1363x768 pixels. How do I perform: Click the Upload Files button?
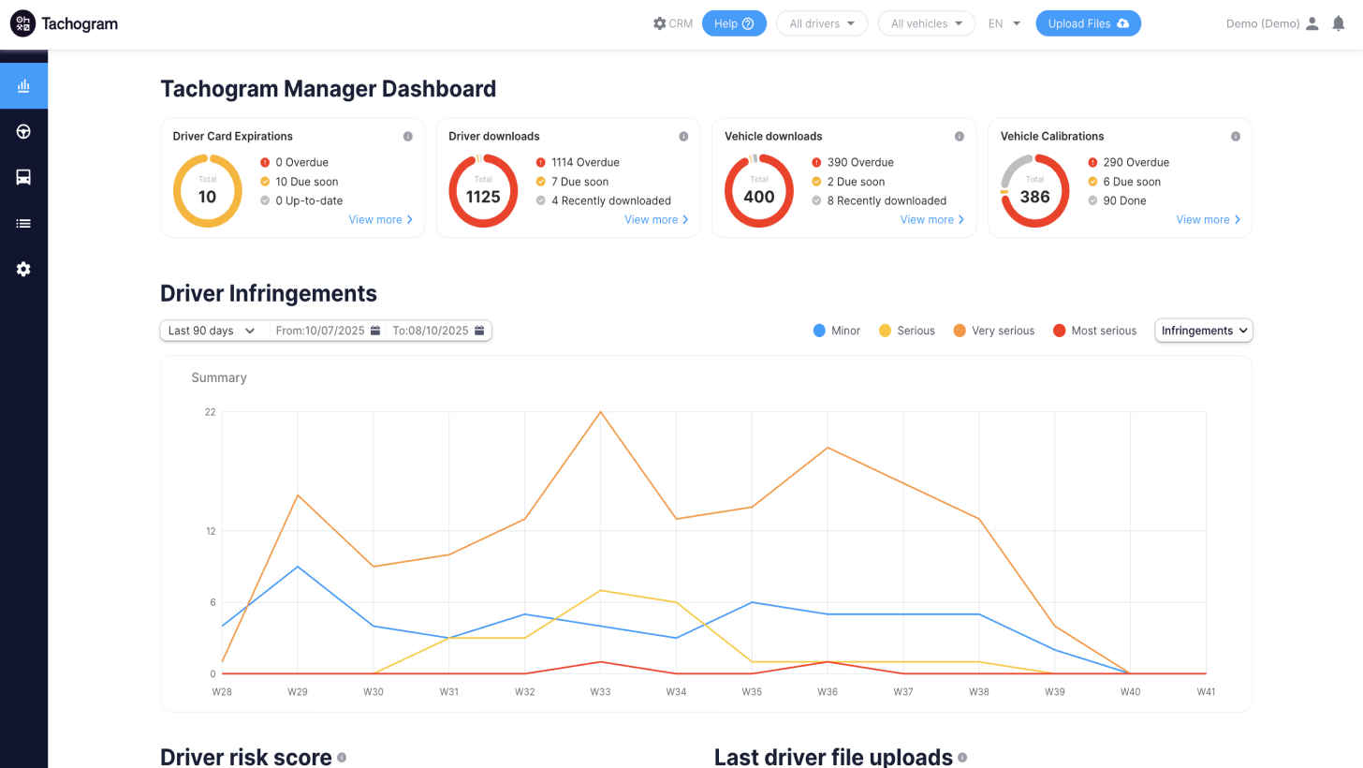click(x=1088, y=23)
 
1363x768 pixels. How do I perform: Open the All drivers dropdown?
click(x=821, y=23)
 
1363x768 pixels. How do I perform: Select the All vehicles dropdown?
click(x=926, y=23)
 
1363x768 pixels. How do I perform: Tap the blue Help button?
click(x=734, y=23)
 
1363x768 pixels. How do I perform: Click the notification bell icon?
click(x=1339, y=23)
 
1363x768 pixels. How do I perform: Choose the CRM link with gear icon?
click(x=673, y=23)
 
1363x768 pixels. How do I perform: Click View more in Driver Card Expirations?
click(x=380, y=219)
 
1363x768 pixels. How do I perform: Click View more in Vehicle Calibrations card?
click(x=1208, y=219)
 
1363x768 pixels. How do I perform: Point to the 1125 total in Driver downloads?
click(x=483, y=197)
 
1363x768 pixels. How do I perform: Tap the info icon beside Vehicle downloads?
click(x=960, y=137)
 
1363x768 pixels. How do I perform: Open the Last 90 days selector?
click(x=213, y=331)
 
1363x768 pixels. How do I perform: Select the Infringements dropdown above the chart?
click(x=1203, y=331)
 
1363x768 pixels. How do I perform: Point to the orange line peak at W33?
click(x=600, y=412)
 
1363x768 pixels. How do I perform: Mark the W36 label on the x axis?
click(x=828, y=692)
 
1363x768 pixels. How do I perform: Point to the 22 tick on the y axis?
click(x=210, y=412)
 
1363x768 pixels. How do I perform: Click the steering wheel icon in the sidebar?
click(x=23, y=131)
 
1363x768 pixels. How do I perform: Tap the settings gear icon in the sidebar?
click(x=23, y=269)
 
